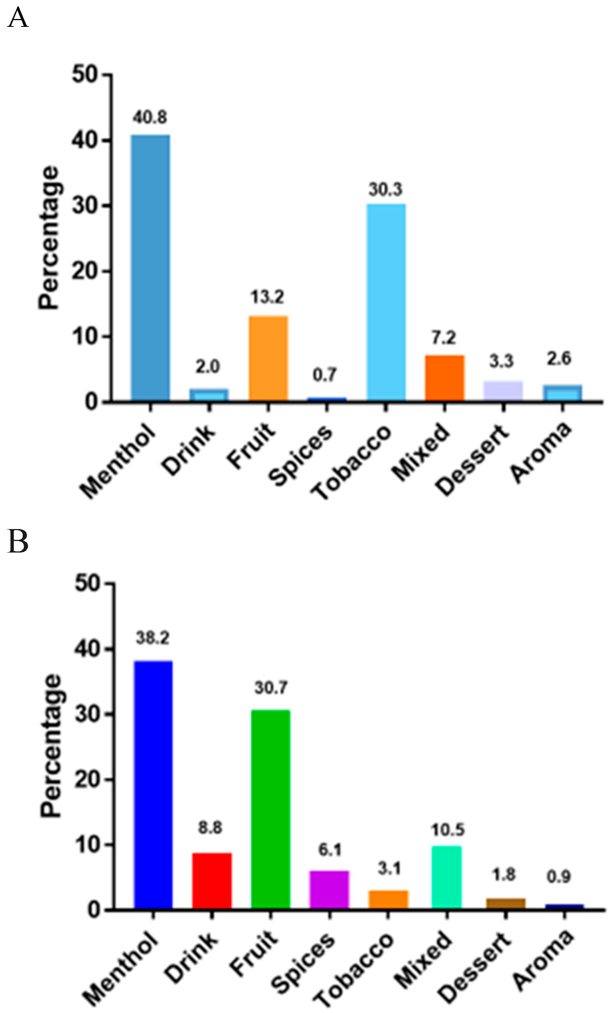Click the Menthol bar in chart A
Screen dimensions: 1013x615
click(x=150, y=267)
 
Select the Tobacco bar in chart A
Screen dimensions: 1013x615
click(x=386, y=302)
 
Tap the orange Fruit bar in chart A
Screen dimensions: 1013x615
click(x=268, y=358)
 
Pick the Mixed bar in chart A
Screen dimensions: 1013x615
click(x=445, y=377)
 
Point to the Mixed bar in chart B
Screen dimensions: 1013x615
click(x=446, y=877)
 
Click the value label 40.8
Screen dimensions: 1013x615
click(x=150, y=118)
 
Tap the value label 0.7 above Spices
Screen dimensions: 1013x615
click(x=325, y=375)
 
